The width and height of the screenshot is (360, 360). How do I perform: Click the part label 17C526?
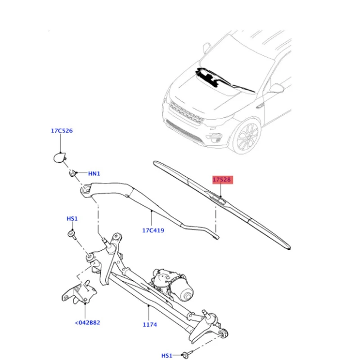click(62, 130)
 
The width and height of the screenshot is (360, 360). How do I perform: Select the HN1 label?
click(94, 174)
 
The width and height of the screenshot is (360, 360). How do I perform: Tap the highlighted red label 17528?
click(222, 180)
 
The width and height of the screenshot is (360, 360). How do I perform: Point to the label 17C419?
click(153, 230)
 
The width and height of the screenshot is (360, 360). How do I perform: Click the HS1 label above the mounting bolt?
click(72, 219)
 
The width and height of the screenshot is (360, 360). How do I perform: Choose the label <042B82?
click(87, 323)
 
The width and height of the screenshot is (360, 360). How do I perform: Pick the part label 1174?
click(150, 324)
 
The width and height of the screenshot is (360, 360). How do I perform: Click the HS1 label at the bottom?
click(167, 355)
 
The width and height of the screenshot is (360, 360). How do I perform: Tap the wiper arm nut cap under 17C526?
click(60, 158)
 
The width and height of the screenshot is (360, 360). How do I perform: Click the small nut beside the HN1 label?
click(72, 174)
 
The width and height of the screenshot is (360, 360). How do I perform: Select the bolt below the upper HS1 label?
click(72, 234)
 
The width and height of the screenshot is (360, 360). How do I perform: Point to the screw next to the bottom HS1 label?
click(185, 354)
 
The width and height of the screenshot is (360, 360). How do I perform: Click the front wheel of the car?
click(247, 135)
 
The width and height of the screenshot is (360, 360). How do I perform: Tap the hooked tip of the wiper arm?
click(216, 237)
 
